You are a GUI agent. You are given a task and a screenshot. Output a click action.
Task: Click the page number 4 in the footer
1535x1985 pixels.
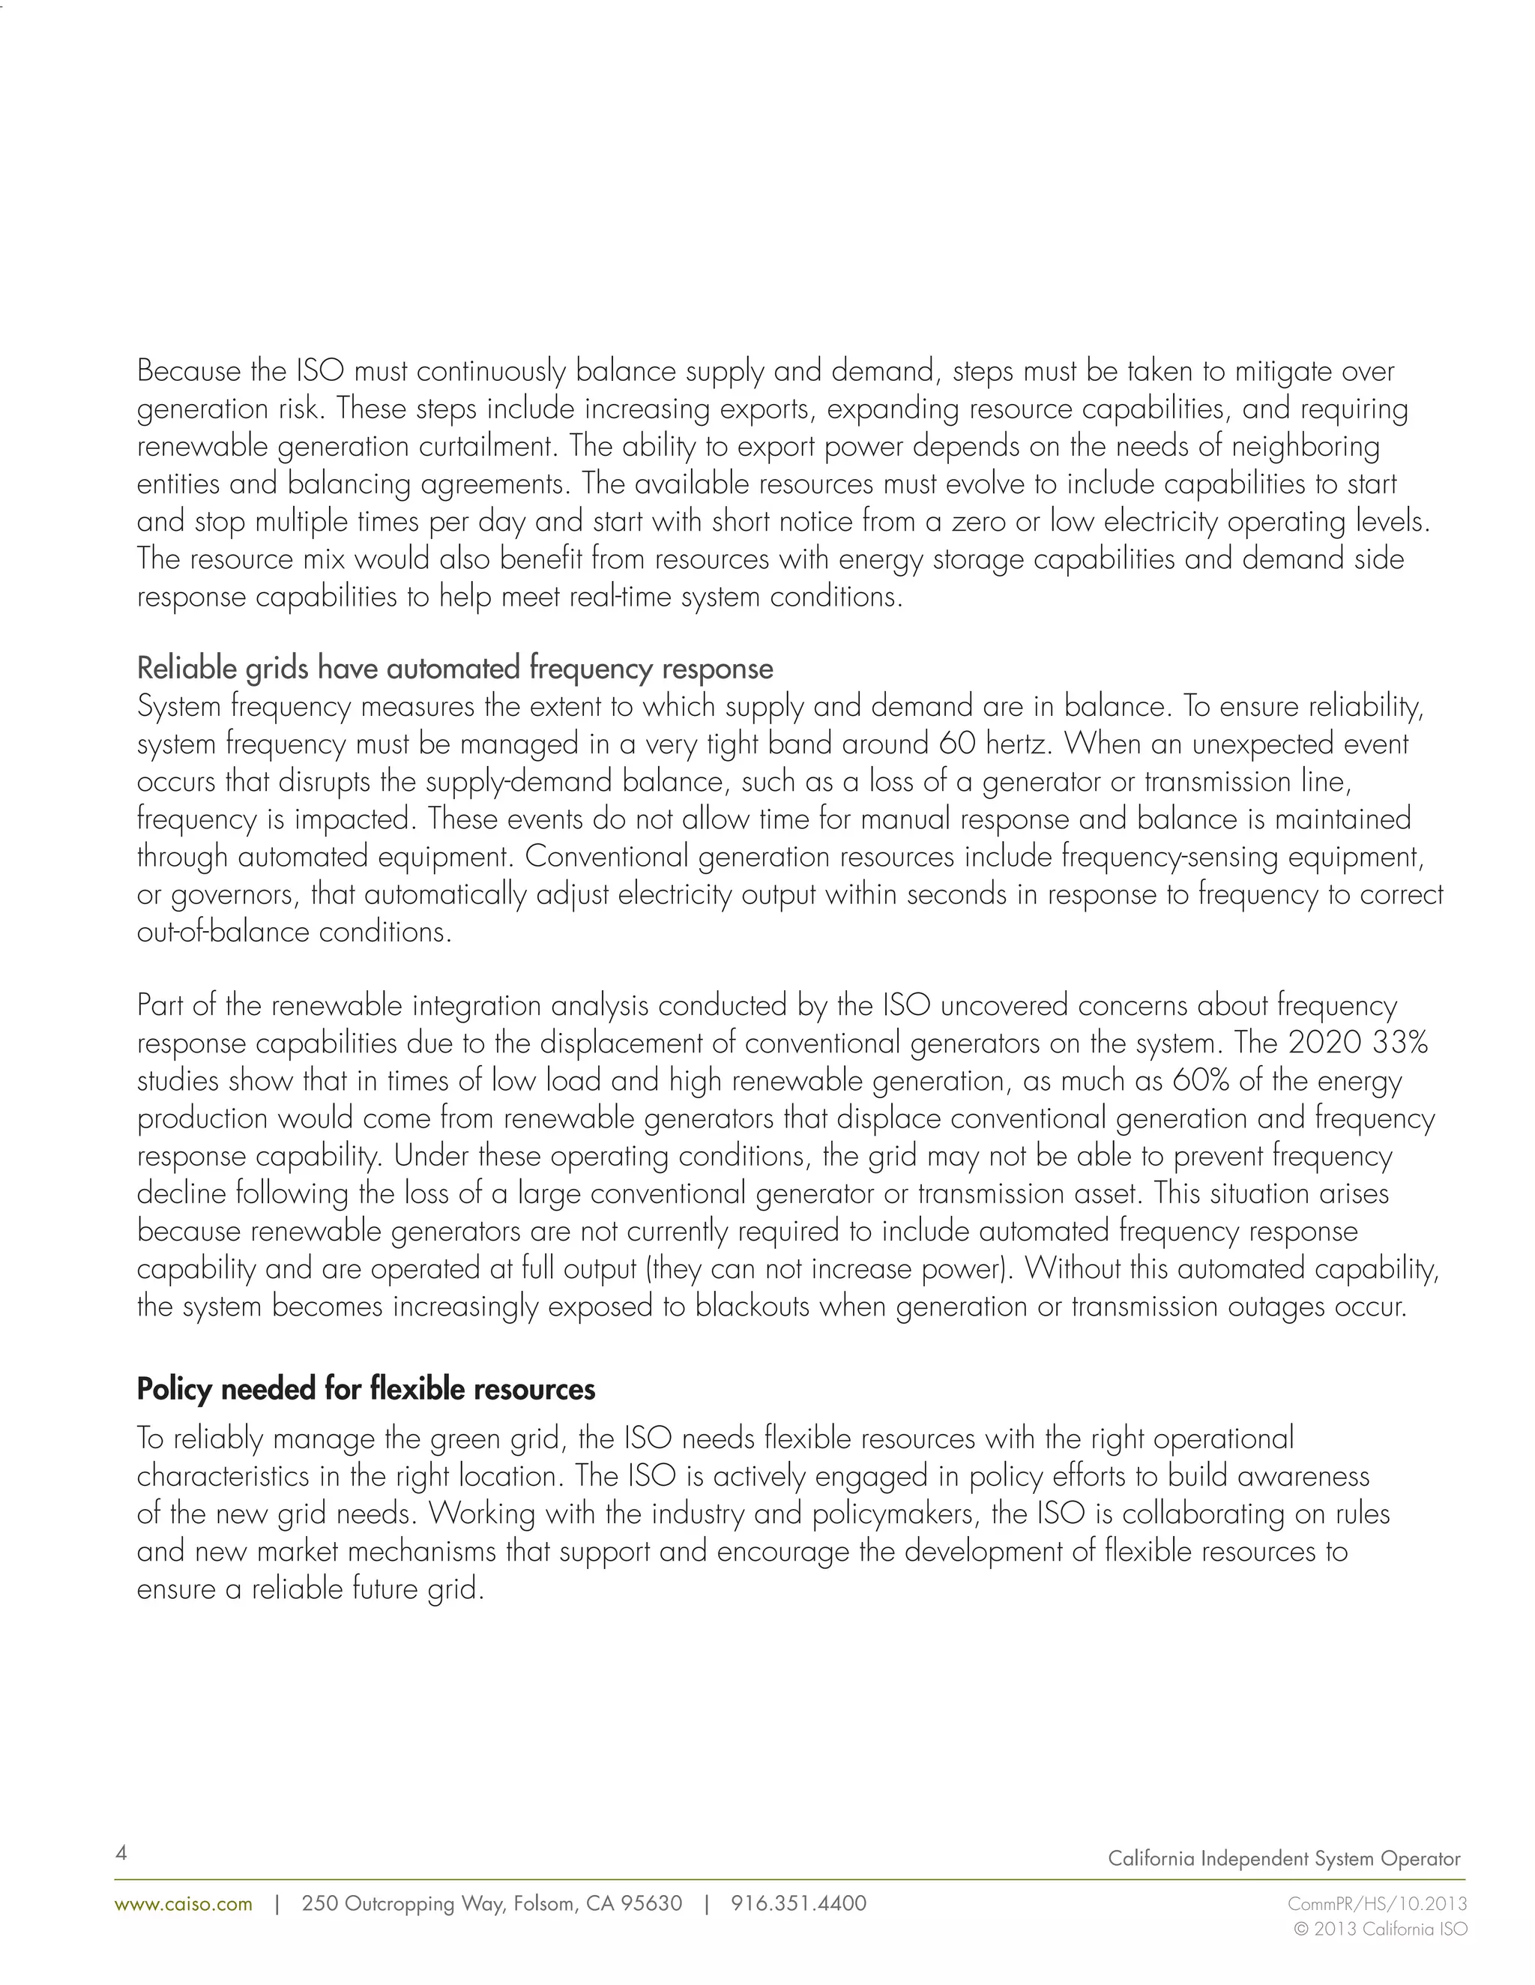pyautogui.click(x=121, y=1852)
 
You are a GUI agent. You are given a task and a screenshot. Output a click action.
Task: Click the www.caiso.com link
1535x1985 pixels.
pyautogui.click(x=184, y=1903)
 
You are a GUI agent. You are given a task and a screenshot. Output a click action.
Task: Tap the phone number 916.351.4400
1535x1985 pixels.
pyautogui.click(x=798, y=1903)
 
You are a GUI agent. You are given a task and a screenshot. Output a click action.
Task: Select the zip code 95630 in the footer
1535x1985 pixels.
pyautogui.click(x=651, y=1903)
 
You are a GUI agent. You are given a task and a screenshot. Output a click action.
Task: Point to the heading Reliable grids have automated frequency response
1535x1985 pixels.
pyautogui.click(x=454, y=668)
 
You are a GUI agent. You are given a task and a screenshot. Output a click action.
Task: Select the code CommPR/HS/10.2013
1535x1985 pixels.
pyautogui.click(x=1377, y=1903)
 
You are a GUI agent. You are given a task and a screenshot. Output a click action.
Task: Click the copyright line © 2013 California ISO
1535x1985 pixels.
pyautogui.click(x=1380, y=1929)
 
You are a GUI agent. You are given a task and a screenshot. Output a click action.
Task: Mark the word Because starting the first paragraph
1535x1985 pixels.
pyautogui.click(x=189, y=371)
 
